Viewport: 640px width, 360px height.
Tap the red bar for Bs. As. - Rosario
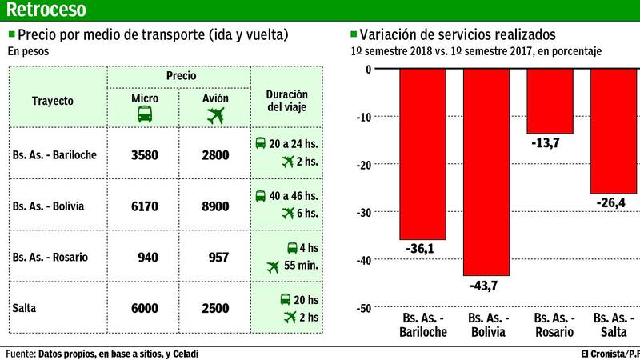[x=548, y=101]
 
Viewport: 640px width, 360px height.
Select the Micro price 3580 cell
[x=145, y=155]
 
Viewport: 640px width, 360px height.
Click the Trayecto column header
[x=53, y=102]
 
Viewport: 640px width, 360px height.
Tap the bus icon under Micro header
[x=145, y=115]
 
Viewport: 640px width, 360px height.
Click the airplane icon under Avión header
[x=215, y=115]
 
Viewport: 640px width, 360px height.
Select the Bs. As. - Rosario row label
[x=50, y=258]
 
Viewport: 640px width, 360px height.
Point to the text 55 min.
[x=302, y=266]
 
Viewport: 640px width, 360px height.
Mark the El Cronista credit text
[x=608, y=353]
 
